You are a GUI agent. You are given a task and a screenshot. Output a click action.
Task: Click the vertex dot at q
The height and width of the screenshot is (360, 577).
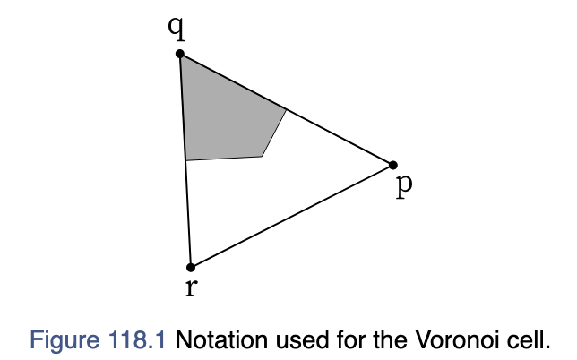pyautogui.click(x=179, y=54)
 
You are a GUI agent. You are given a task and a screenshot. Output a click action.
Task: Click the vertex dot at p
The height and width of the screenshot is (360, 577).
pyautogui.click(x=393, y=165)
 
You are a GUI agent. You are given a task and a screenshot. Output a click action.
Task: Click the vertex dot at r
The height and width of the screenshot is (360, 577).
pyautogui.click(x=191, y=268)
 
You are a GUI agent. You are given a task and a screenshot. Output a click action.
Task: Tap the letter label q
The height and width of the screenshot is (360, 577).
pyautogui.click(x=177, y=29)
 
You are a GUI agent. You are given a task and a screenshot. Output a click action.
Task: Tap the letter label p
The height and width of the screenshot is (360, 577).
pyautogui.click(x=404, y=186)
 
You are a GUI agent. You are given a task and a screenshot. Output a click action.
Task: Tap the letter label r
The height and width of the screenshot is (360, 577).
pyautogui.click(x=192, y=287)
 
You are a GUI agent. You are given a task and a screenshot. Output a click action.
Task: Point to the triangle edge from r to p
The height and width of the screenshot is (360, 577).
pyautogui.click(x=292, y=216)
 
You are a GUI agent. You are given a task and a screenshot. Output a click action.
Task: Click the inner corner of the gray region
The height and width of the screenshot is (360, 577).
pyautogui.click(x=262, y=157)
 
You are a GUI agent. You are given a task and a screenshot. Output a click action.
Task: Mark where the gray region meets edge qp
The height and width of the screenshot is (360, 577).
pyautogui.click(x=287, y=109)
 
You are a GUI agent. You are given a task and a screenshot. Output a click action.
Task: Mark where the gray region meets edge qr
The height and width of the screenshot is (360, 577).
pyautogui.click(x=185, y=160)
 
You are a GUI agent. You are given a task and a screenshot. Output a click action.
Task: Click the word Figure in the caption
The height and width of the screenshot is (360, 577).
pyautogui.click(x=65, y=339)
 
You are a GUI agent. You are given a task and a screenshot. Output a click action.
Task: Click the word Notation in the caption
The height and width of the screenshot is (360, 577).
pyautogui.click(x=221, y=339)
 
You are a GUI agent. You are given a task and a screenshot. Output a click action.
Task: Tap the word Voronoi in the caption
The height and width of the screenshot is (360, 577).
pyautogui.click(x=458, y=339)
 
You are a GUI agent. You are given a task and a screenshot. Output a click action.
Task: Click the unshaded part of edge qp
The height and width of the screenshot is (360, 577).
pyautogui.click(x=340, y=137)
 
